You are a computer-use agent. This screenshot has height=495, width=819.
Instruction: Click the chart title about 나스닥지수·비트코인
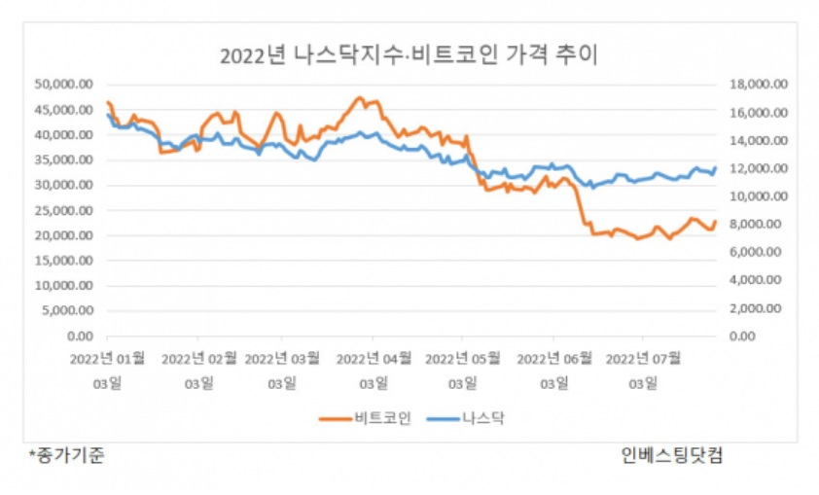point(409,54)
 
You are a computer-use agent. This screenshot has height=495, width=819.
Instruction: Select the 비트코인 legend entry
point(365,418)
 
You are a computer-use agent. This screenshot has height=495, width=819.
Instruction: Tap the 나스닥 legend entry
point(465,418)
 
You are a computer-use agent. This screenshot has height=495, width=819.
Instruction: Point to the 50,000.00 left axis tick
point(64,84)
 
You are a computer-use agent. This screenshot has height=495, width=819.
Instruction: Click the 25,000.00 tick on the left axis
point(64,210)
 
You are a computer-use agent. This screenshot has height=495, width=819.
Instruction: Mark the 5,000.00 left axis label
point(67,310)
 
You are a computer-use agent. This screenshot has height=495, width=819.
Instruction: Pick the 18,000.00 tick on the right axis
point(759,84)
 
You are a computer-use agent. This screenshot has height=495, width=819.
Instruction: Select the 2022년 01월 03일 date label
point(108,371)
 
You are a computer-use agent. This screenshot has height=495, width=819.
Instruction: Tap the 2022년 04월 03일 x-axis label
point(374,371)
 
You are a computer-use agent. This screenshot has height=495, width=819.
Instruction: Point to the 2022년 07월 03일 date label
point(644,371)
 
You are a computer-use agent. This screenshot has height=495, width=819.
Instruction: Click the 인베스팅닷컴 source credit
point(672,455)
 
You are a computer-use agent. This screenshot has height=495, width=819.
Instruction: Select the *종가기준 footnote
point(66,455)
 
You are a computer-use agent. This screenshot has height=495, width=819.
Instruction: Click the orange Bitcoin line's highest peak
point(359,97)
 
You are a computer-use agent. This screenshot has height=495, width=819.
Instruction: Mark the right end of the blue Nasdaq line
point(715,167)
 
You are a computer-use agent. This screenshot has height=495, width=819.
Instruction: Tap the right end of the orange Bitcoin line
point(715,222)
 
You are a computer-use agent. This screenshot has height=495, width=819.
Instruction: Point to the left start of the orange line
point(108,102)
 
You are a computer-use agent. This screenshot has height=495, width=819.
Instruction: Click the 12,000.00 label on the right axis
point(759,168)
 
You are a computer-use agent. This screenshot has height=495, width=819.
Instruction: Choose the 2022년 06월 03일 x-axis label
point(554,371)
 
